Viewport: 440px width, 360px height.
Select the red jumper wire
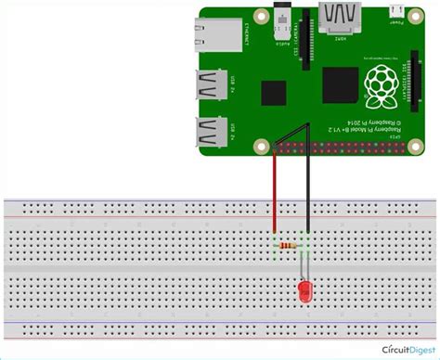(x=274, y=190)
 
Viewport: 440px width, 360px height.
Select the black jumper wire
(x=305, y=195)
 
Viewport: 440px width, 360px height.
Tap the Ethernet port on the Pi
(x=216, y=38)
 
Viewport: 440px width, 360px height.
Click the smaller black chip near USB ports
(x=273, y=93)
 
